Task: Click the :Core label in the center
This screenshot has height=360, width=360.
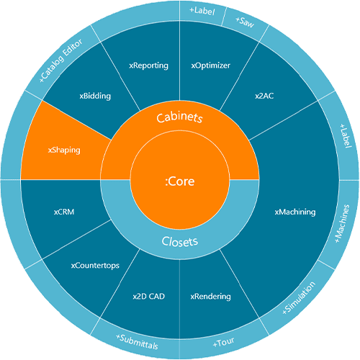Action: click(180, 181)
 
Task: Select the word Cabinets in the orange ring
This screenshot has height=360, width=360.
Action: click(179, 117)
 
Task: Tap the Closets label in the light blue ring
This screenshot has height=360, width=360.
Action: click(180, 241)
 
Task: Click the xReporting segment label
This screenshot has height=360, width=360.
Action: click(148, 66)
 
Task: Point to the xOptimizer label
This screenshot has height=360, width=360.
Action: click(211, 66)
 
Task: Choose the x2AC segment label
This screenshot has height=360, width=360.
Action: click(264, 96)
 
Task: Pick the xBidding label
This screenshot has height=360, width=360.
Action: click(95, 96)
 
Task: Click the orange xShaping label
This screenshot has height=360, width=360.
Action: click(64, 150)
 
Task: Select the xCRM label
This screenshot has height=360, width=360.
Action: click(64, 212)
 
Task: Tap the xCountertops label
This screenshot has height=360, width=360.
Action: click(95, 266)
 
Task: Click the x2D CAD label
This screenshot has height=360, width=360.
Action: click(149, 297)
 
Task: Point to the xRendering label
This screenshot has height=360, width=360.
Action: click(211, 297)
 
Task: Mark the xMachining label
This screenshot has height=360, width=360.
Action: click(295, 212)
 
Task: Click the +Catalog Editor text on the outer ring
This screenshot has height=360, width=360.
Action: click(61, 60)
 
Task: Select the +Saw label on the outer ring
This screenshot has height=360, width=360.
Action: click(245, 22)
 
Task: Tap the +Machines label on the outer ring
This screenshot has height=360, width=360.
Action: click(342, 223)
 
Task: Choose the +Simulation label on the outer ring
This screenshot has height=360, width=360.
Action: click(299, 298)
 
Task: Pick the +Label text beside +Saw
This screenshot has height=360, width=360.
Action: click(202, 11)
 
